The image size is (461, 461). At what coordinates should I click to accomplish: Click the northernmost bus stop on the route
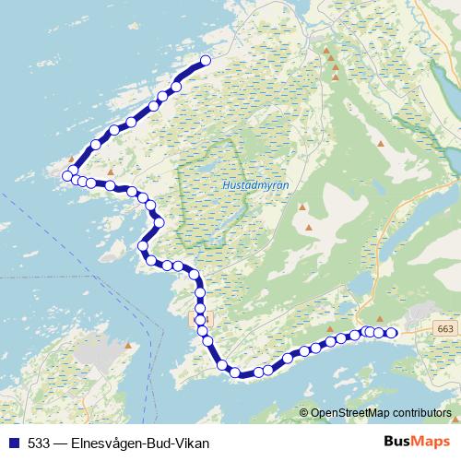[x=206, y=61]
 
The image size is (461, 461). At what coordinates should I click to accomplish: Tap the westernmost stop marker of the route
[x=66, y=175]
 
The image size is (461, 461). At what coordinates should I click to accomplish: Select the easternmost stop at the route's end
[x=391, y=333]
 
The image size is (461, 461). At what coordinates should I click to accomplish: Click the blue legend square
[x=14, y=443]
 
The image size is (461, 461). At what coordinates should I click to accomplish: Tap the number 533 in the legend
[x=39, y=443]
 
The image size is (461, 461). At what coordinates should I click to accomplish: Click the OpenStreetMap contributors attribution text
[x=380, y=413]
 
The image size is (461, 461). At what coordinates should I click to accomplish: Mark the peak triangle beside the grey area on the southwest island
[x=129, y=347]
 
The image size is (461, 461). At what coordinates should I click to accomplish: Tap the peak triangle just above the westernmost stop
[x=71, y=159]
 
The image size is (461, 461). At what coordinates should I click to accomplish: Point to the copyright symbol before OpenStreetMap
[x=303, y=413]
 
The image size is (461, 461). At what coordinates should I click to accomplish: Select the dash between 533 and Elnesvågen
[x=61, y=443]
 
